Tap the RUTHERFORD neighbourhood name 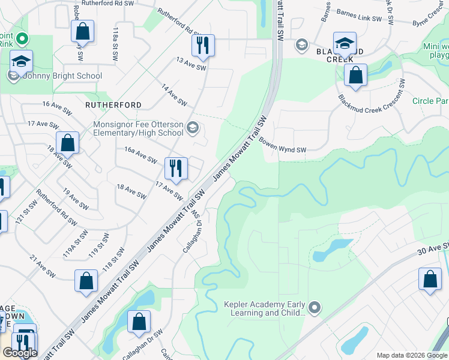click(x=113, y=104)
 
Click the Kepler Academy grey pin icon click(x=314, y=308)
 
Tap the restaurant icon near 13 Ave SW click(x=203, y=46)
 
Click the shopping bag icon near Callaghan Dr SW click(x=139, y=321)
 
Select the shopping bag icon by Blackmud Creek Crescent click(x=356, y=76)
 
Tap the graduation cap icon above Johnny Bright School click(x=21, y=62)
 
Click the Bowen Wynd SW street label click(x=283, y=146)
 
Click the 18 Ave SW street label click(x=131, y=191)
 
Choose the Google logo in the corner click(x=20, y=353)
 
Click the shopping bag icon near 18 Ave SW click(x=67, y=143)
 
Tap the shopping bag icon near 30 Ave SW click(x=430, y=279)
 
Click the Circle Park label click(x=430, y=101)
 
